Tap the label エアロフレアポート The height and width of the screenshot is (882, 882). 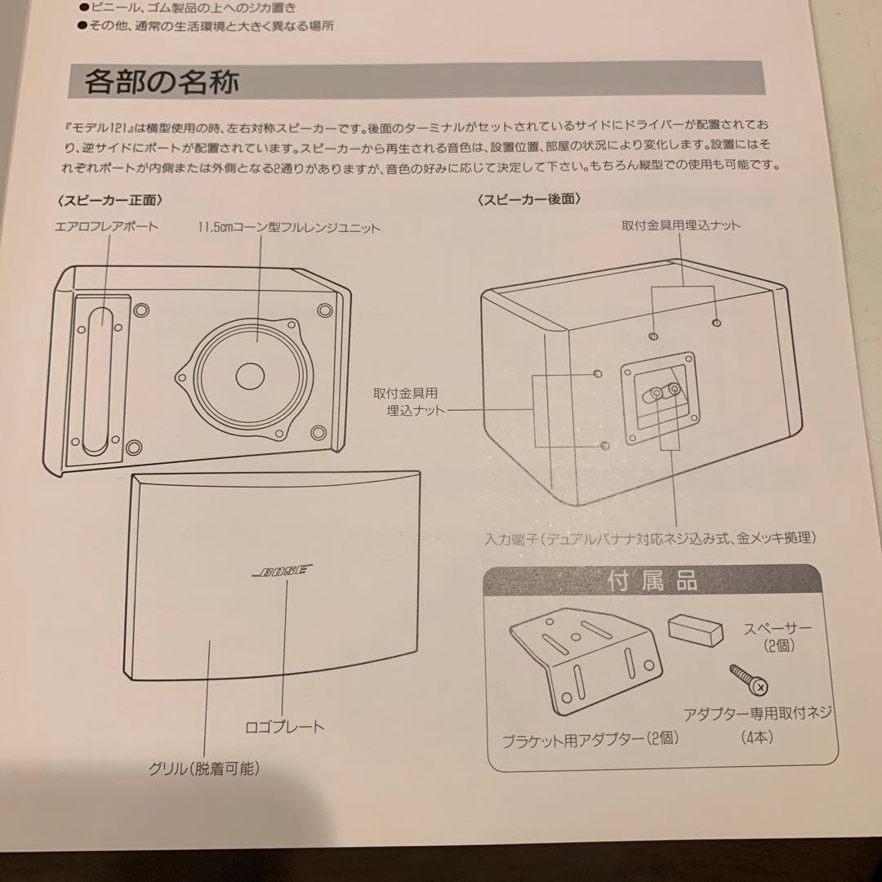[x=106, y=227]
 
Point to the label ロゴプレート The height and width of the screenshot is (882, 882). [x=284, y=726]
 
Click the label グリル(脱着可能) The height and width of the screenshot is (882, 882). [x=204, y=768]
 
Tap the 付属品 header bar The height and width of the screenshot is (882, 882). [x=651, y=582]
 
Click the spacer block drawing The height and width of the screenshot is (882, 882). [x=695, y=630]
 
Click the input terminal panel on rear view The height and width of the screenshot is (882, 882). [x=660, y=398]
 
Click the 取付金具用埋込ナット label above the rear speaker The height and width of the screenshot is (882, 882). [x=682, y=225]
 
